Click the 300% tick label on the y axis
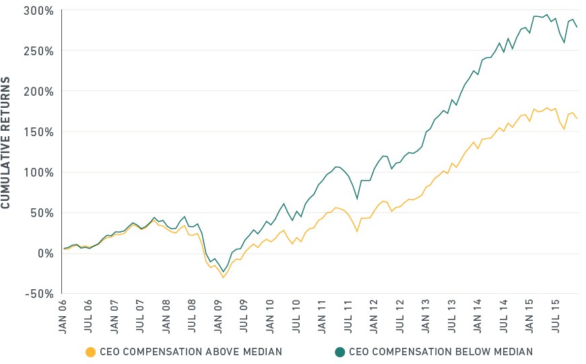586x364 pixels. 39,11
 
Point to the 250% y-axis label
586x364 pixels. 39,51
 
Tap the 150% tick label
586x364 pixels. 39,132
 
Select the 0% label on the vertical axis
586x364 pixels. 46,253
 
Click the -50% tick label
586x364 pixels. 40,294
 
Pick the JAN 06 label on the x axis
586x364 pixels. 63,317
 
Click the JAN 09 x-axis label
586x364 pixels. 218,317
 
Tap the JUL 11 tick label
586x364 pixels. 348,317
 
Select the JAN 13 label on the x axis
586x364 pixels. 425,317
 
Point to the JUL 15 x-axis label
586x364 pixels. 555,317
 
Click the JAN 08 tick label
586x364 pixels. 166,317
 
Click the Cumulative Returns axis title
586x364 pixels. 5,142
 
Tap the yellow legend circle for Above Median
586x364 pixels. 90,352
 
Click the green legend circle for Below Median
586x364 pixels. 339,352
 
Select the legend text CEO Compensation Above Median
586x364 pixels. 191,352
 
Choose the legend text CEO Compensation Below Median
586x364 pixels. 441,352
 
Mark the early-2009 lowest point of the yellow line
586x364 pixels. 224,277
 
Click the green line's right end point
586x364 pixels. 577,27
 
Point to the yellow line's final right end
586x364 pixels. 577,119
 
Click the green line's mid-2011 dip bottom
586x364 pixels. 357,199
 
